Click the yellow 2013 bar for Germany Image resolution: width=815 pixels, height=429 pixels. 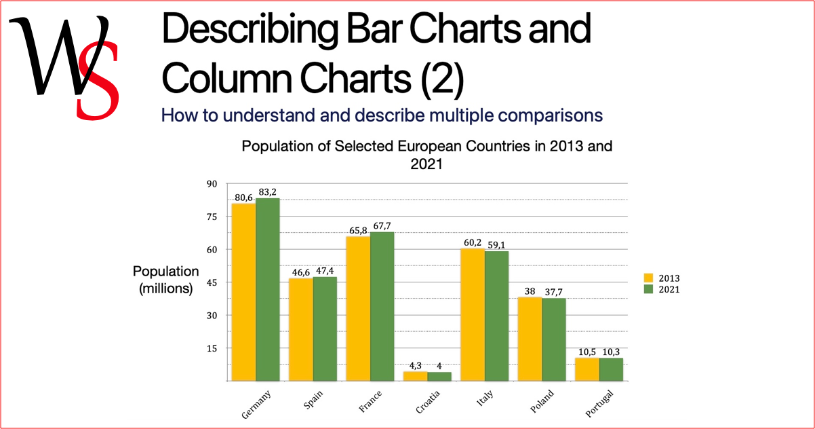(x=243, y=292)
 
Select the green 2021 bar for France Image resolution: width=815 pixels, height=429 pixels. (x=382, y=306)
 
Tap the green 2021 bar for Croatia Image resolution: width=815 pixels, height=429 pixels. (x=439, y=376)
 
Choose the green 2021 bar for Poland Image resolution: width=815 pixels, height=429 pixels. (x=554, y=339)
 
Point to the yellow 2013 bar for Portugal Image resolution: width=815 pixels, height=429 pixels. (x=587, y=369)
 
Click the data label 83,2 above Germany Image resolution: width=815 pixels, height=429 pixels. (x=268, y=192)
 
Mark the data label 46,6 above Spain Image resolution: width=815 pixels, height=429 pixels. (x=300, y=272)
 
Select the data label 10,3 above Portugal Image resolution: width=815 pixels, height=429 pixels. (x=612, y=352)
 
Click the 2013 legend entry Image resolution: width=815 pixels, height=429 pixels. (x=661, y=278)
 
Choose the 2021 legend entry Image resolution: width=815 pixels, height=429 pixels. (x=661, y=289)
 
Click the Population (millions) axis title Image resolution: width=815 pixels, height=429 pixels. (x=166, y=280)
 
